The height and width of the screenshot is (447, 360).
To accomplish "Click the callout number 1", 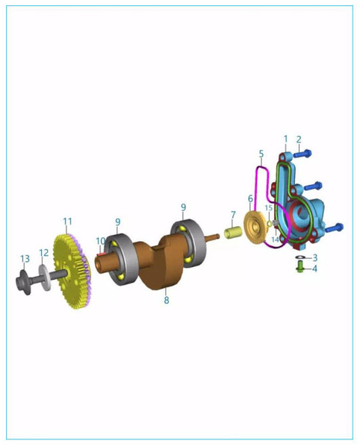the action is tap(285, 139).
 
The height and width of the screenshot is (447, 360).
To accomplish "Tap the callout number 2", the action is tap(299, 140).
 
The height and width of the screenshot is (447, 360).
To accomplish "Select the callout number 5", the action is tap(261, 154).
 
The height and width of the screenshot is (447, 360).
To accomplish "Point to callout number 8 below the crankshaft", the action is tap(167, 300).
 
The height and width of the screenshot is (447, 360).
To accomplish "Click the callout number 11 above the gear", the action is tap(67, 221).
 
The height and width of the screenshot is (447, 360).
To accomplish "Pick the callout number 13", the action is tap(25, 258).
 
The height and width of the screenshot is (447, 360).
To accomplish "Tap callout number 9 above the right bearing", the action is tap(183, 207).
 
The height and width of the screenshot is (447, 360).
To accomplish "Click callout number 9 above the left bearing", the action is tap(118, 222).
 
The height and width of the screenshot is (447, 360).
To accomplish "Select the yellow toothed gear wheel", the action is tap(72, 272).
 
